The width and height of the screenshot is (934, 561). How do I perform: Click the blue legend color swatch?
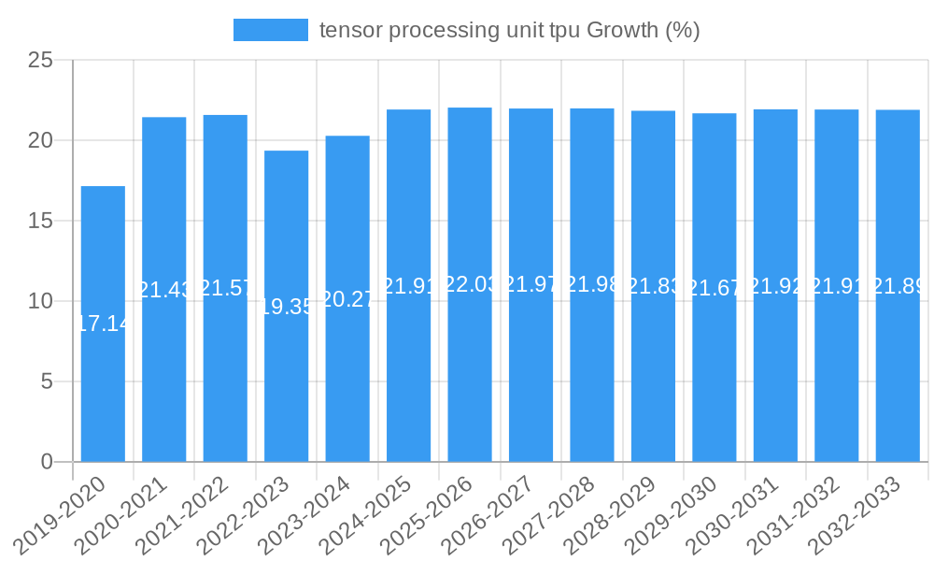click(271, 30)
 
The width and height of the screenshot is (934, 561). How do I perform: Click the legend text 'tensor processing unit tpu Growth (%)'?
click(509, 30)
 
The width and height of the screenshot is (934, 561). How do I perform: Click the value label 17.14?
click(103, 324)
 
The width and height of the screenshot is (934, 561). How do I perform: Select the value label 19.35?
click(286, 306)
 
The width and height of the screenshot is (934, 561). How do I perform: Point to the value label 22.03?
click(470, 284)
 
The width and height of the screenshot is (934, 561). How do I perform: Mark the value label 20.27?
click(347, 298)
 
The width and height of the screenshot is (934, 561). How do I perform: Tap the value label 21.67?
click(715, 287)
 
